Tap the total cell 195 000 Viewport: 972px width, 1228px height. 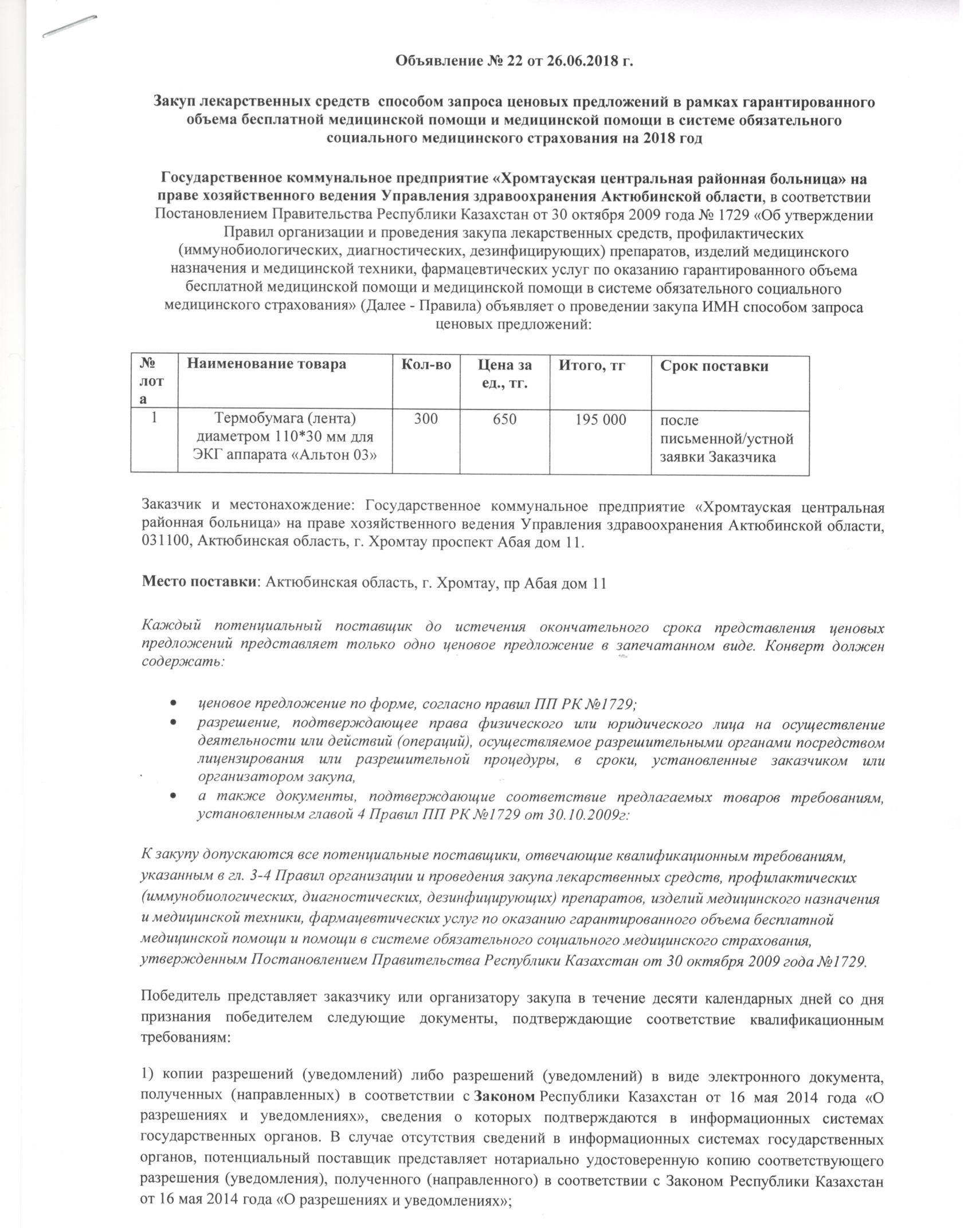(600, 420)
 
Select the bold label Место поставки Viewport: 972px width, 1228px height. (198, 583)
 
